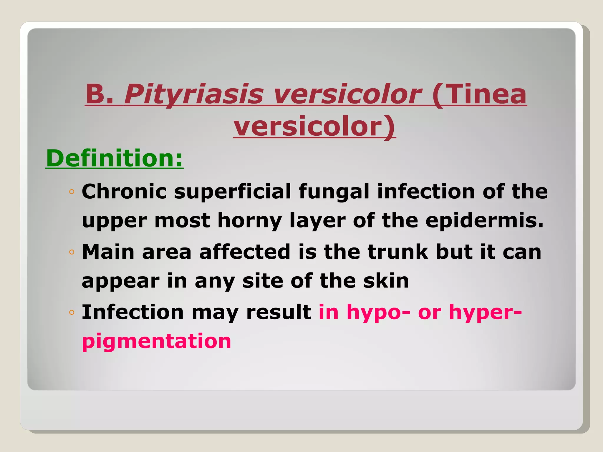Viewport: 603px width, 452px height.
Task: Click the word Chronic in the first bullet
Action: click(124, 192)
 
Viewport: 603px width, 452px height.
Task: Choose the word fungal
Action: click(334, 192)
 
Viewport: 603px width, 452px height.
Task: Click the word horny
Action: click(249, 221)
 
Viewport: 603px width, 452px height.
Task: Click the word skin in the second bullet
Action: click(386, 281)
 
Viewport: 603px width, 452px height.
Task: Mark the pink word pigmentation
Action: click(156, 341)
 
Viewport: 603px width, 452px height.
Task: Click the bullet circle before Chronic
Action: click(72, 192)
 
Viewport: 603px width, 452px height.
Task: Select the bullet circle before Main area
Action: click(72, 252)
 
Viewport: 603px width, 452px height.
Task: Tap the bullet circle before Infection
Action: click(72, 312)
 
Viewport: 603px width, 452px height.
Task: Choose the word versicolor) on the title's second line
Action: click(314, 127)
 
